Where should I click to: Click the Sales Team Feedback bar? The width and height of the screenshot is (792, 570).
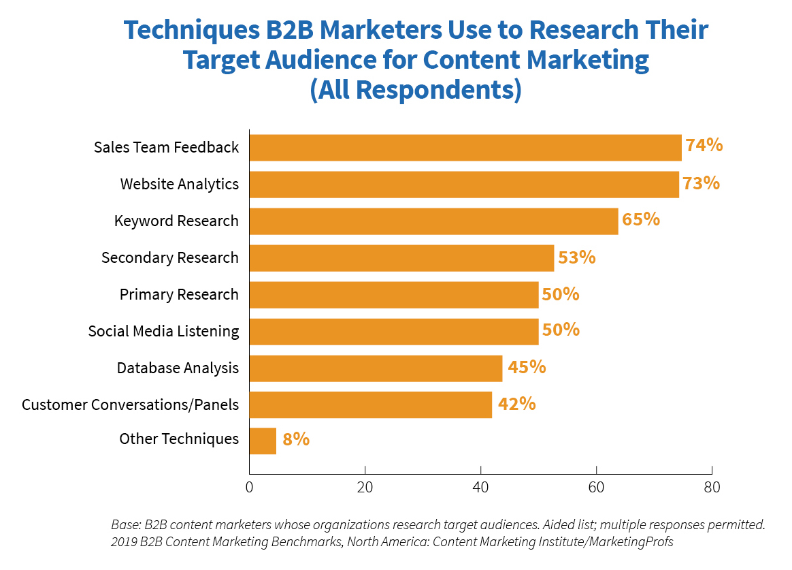point(465,147)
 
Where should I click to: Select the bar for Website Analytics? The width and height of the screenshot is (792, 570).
point(464,184)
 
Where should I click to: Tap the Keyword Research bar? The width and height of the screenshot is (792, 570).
point(433,221)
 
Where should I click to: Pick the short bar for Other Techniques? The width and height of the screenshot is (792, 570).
point(263,441)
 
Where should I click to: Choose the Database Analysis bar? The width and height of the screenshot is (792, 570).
point(376,368)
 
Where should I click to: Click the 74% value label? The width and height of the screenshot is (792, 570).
point(704,146)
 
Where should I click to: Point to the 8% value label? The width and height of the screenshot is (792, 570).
point(296,439)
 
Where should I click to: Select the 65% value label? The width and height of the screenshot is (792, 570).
point(640,219)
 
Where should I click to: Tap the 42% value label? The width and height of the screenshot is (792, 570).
point(516,404)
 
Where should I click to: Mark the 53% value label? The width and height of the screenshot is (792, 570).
point(576,257)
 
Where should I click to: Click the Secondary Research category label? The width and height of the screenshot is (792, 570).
point(170,257)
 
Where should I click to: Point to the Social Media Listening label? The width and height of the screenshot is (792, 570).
point(163,331)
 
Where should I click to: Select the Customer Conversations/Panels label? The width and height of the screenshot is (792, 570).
point(130,405)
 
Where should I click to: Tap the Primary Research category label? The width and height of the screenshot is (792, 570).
point(179,294)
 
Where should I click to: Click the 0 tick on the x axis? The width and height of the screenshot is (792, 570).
point(249,488)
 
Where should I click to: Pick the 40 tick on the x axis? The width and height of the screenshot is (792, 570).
point(480,488)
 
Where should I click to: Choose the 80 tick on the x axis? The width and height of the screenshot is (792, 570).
point(712,488)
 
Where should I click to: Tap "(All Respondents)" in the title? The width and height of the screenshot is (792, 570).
point(416,90)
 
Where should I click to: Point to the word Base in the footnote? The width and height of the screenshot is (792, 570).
point(125,525)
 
